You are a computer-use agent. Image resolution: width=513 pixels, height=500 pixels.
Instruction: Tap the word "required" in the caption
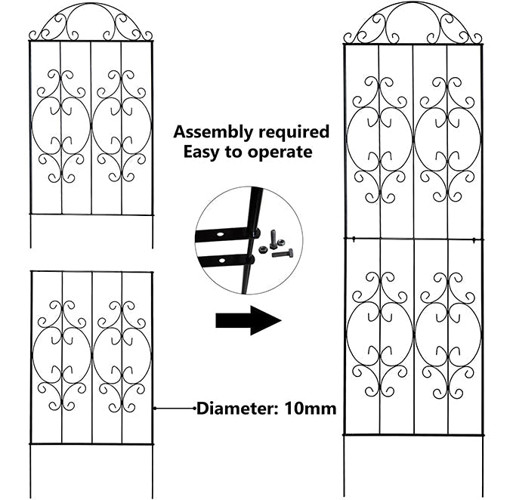291,132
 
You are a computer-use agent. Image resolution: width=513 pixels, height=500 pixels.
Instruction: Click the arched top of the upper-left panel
91,21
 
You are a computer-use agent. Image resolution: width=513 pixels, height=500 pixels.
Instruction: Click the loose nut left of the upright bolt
261,247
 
